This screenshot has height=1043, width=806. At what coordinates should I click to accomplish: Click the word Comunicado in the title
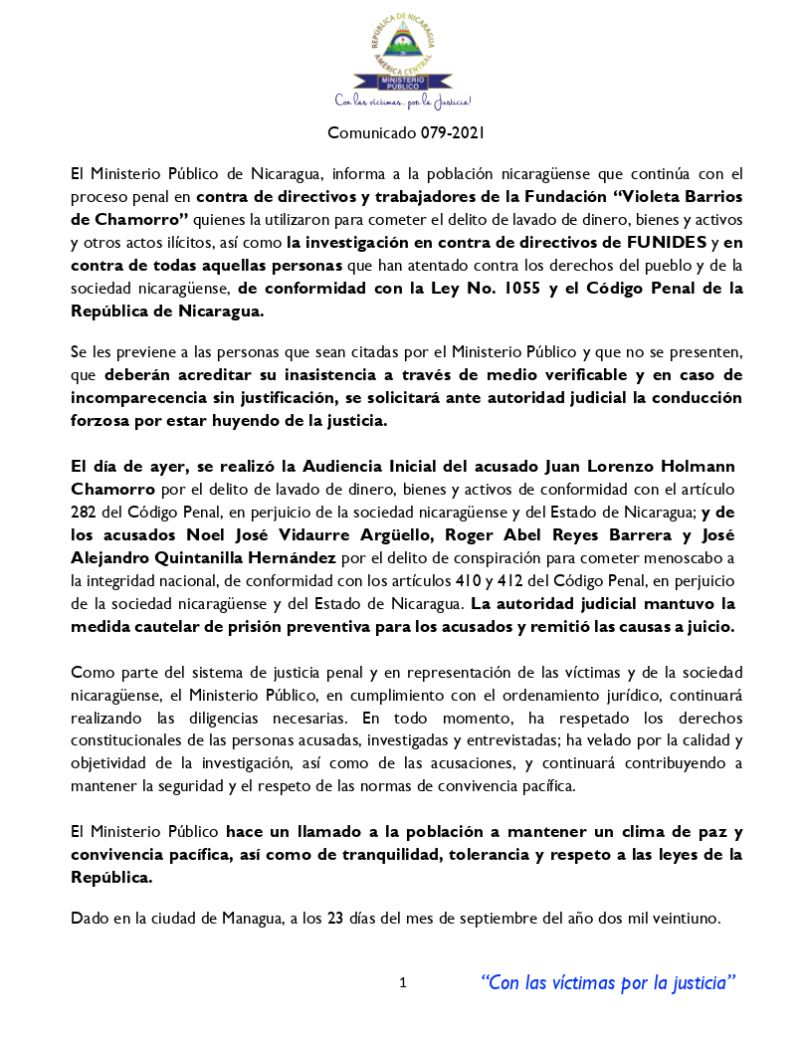pyautogui.click(x=366, y=131)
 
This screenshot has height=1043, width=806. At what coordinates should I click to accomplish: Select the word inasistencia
pyautogui.click(x=386, y=375)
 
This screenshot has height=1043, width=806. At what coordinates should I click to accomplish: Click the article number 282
pyautogui.click(x=84, y=512)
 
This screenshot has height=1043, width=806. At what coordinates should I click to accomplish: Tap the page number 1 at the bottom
pyautogui.click(x=403, y=983)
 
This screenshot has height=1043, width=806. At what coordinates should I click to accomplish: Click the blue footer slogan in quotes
pyautogui.click(x=608, y=983)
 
